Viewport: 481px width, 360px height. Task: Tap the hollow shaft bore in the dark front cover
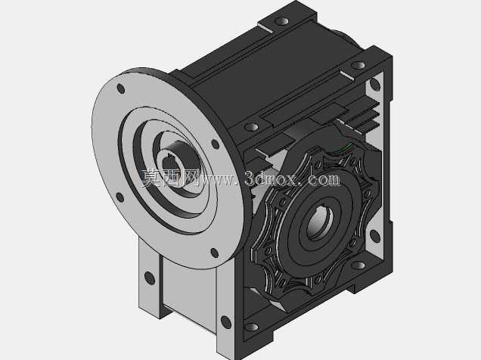click(x=319, y=222)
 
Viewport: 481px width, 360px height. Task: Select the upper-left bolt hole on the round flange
click(x=121, y=88)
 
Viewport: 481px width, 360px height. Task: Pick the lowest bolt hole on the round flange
click(x=215, y=253)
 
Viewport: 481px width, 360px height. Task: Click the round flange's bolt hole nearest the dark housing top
click(x=216, y=144)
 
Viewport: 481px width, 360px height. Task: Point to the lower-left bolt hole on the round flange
click(x=120, y=197)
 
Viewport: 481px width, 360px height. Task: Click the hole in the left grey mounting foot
click(x=150, y=278)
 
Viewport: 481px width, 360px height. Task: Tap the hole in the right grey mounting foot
click(x=226, y=323)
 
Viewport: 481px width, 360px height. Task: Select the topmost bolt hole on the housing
click(x=281, y=21)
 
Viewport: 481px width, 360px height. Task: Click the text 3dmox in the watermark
click(x=271, y=178)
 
